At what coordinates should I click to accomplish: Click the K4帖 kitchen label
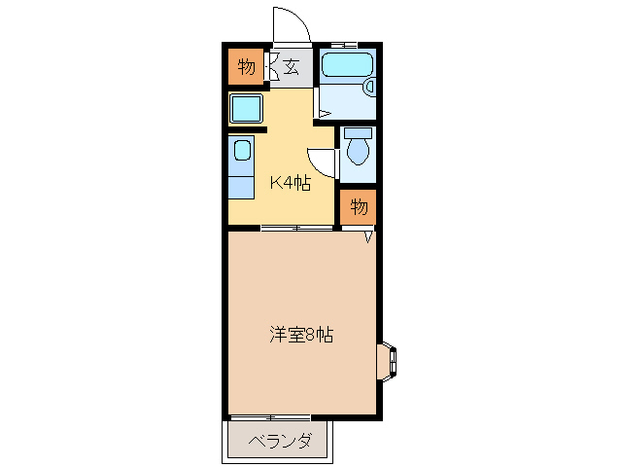point(291,183)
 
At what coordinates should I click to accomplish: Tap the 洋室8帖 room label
point(301,336)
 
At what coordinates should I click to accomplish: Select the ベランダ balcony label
point(279,441)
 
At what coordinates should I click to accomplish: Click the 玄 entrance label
point(291,68)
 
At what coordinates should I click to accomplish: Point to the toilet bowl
point(358,151)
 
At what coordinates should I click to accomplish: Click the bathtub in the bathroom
point(345,65)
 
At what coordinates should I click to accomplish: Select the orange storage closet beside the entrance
point(245,68)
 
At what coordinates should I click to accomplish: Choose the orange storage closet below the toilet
point(359,206)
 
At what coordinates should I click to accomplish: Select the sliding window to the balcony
point(270,418)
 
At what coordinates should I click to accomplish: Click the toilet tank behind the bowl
point(358,131)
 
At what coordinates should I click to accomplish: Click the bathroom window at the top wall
point(344,45)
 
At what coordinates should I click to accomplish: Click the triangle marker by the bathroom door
point(326,115)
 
